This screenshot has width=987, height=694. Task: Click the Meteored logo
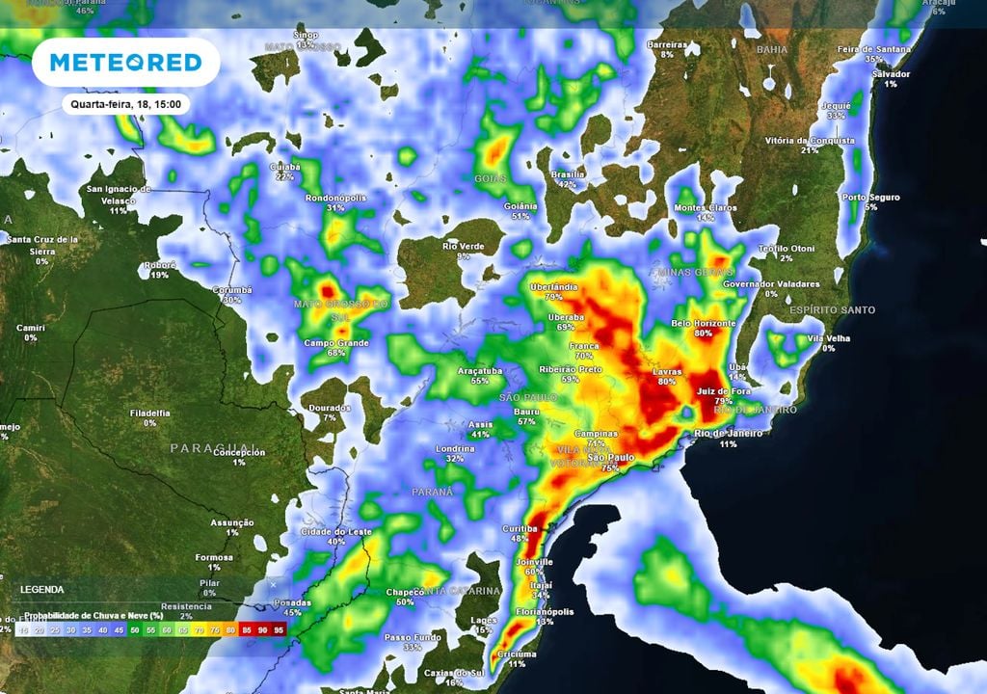pyautogui.click(x=125, y=63)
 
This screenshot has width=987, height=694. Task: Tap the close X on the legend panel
pyautogui.click(x=273, y=584)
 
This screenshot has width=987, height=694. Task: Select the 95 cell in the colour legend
pyautogui.click(x=279, y=628)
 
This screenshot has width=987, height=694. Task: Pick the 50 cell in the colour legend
pyautogui.click(x=134, y=628)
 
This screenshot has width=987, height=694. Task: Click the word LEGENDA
pyautogui.click(x=41, y=589)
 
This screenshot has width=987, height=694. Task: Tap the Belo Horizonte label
pyautogui.click(x=704, y=323)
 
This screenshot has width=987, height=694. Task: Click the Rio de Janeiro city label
pyautogui.click(x=729, y=434)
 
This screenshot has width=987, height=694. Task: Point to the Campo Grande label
pyautogui.click(x=337, y=343)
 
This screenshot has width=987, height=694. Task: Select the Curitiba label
pyautogui.click(x=520, y=528)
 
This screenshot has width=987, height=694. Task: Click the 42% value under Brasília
pyautogui.click(x=567, y=184)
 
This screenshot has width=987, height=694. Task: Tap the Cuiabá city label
pyautogui.click(x=284, y=166)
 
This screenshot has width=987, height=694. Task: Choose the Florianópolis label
pyautogui.click(x=544, y=611)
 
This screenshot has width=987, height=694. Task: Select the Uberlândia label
pyautogui.click(x=553, y=286)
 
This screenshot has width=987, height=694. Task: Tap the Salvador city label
pyautogui.click(x=890, y=74)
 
